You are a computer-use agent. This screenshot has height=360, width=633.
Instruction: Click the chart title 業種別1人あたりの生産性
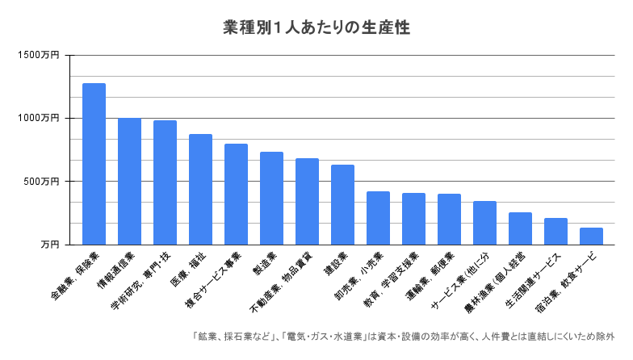(316, 27)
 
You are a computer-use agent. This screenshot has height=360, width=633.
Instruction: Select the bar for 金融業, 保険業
(94, 164)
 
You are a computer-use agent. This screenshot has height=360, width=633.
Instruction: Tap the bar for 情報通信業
(129, 182)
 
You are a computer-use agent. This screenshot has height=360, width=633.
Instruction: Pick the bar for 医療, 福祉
(200, 190)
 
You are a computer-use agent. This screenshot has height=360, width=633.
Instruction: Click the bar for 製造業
(271, 199)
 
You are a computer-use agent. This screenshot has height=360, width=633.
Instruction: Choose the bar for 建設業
(342, 205)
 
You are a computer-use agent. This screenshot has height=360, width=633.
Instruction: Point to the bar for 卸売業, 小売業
(378, 218)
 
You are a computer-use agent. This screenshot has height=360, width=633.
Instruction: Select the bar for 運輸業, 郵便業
(449, 220)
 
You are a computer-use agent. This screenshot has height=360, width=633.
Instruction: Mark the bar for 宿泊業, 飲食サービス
(591, 237)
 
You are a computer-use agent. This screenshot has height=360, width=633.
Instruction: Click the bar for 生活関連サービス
(555, 232)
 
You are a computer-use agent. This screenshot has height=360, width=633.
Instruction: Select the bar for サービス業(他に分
(484, 223)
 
